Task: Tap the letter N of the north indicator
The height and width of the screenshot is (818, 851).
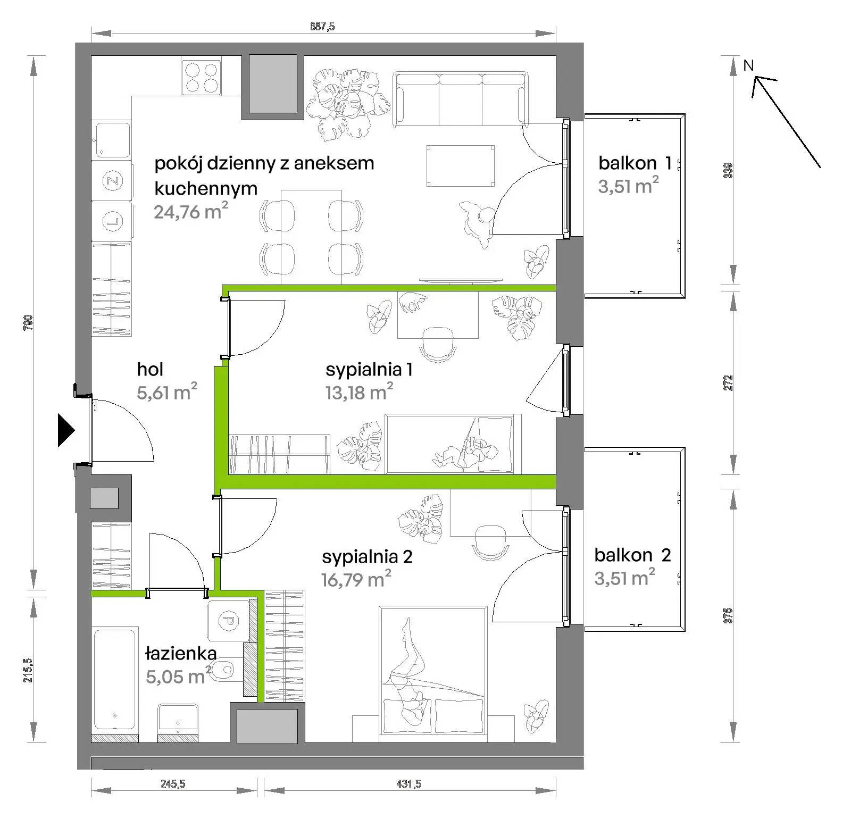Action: (748, 65)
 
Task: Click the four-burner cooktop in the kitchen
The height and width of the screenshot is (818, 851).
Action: (201, 77)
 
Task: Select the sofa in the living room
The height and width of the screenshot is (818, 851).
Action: (461, 99)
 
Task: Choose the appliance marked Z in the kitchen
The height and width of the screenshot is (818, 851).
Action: (112, 180)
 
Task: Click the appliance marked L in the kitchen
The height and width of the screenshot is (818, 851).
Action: (112, 220)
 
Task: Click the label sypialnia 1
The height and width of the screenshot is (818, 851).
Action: (369, 369)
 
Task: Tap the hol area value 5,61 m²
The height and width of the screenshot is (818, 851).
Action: (167, 392)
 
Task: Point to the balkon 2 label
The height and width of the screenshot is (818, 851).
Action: (632, 555)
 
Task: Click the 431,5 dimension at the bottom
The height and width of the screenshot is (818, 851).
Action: (410, 783)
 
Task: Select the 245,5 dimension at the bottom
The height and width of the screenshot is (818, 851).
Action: (173, 783)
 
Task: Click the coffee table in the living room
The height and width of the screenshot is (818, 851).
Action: (461, 166)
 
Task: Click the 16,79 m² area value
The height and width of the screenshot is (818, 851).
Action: (356, 579)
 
